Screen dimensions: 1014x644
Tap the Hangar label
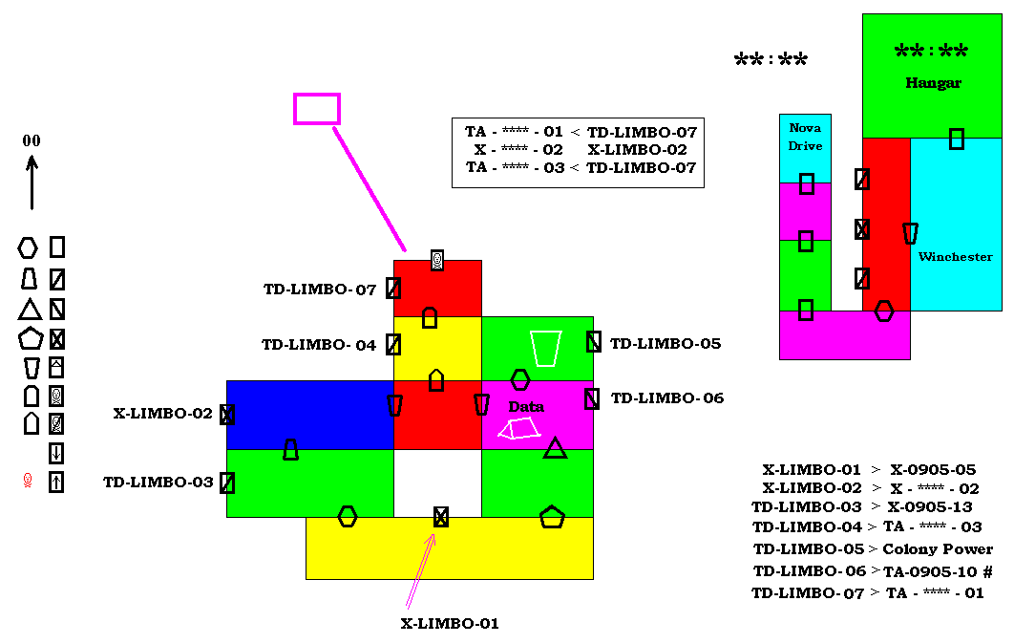[x=933, y=83]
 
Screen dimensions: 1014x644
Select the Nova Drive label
[x=805, y=137]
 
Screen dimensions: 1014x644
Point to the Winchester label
[x=955, y=257]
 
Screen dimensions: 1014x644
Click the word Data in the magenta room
[x=526, y=406]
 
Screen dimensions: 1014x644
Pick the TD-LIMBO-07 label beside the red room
[x=320, y=290]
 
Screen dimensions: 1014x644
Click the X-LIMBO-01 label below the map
[x=450, y=623]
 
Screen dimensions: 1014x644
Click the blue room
[x=310, y=415]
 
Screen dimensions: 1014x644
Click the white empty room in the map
[x=438, y=483]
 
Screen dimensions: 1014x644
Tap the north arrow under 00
[x=32, y=183]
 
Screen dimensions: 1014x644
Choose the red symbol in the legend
[x=27, y=481]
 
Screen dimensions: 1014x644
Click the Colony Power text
[x=937, y=548]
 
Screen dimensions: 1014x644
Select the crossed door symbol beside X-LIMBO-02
[x=227, y=415]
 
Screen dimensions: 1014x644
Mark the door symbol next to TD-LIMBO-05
[x=594, y=342]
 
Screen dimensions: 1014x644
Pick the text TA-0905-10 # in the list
[x=938, y=571]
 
